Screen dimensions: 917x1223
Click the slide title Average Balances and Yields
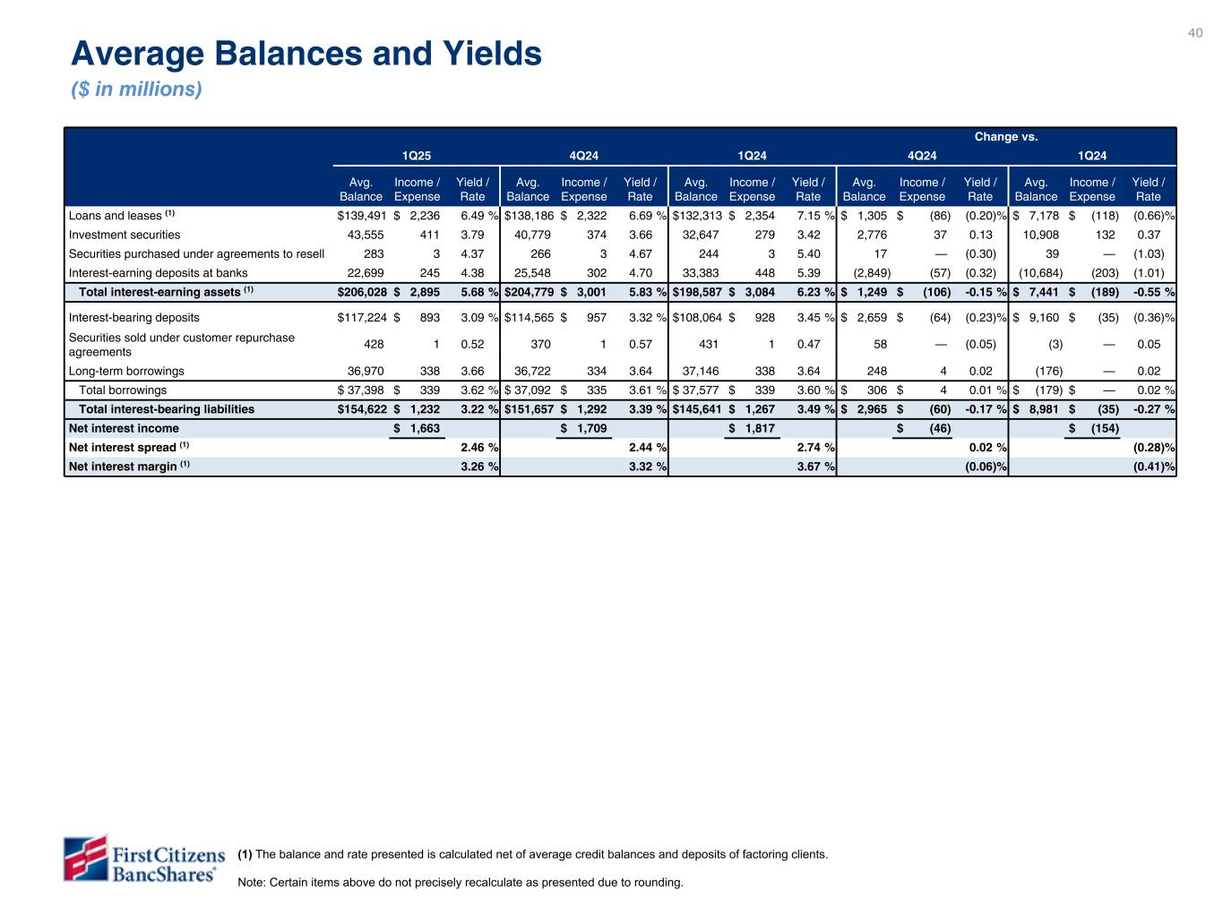pyautogui.click(x=306, y=55)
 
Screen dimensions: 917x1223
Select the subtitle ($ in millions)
pyautogui.click(x=136, y=90)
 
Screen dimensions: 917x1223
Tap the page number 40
pyautogui.click(x=1195, y=33)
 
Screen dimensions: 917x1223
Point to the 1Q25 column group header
pyautogui.click(x=416, y=156)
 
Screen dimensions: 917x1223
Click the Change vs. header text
pyautogui.click(x=1006, y=137)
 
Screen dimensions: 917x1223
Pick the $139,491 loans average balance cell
pyautogui.click(x=361, y=216)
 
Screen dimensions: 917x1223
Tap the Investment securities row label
pyautogui.click(x=125, y=235)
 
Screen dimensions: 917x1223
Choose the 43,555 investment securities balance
pyautogui.click(x=365, y=235)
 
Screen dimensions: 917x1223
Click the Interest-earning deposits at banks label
pyautogui.click(x=158, y=273)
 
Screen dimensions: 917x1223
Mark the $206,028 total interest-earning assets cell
pyautogui.click(x=361, y=292)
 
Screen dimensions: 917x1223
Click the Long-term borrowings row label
pyautogui.click(x=126, y=371)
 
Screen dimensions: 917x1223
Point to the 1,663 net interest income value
pyautogui.click(x=424, y=428)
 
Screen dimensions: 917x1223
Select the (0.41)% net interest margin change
pyautogui.click(x=1154, y=466)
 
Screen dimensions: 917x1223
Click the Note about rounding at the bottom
pyautogui.click(x=460, y=882)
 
